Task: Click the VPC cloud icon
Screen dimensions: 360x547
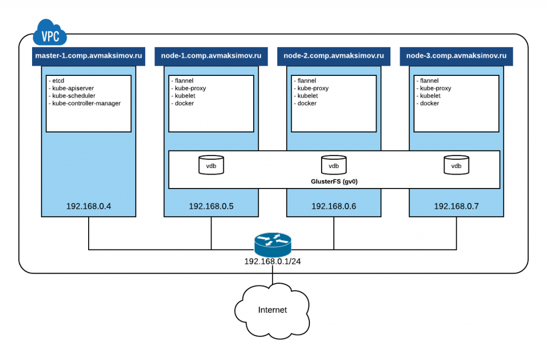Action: [50, 34]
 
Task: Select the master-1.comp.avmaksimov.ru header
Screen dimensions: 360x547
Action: [88, 56]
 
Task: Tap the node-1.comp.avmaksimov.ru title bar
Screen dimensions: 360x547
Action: [211, 56]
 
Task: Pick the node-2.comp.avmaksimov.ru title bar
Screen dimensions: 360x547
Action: [334, 56]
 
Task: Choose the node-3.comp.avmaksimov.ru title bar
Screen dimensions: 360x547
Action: [456, 56]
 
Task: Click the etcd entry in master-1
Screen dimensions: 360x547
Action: [58, 81]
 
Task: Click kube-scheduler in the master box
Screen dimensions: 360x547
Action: [73, 96]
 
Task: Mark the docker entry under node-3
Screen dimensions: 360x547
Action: [429, 103]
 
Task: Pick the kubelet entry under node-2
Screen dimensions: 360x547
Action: [307, 96]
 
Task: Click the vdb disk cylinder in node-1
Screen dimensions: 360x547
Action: [211, 165]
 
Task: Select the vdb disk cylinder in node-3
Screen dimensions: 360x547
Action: [456, 165]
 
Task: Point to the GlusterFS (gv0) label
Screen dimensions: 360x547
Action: [334, 182]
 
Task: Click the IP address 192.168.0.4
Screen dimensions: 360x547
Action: [88, 206]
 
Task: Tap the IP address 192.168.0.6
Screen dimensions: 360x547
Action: [334, 206]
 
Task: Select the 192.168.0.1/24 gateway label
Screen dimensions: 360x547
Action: [272, 262]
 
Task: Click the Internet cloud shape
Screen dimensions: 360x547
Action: [272, 310]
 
